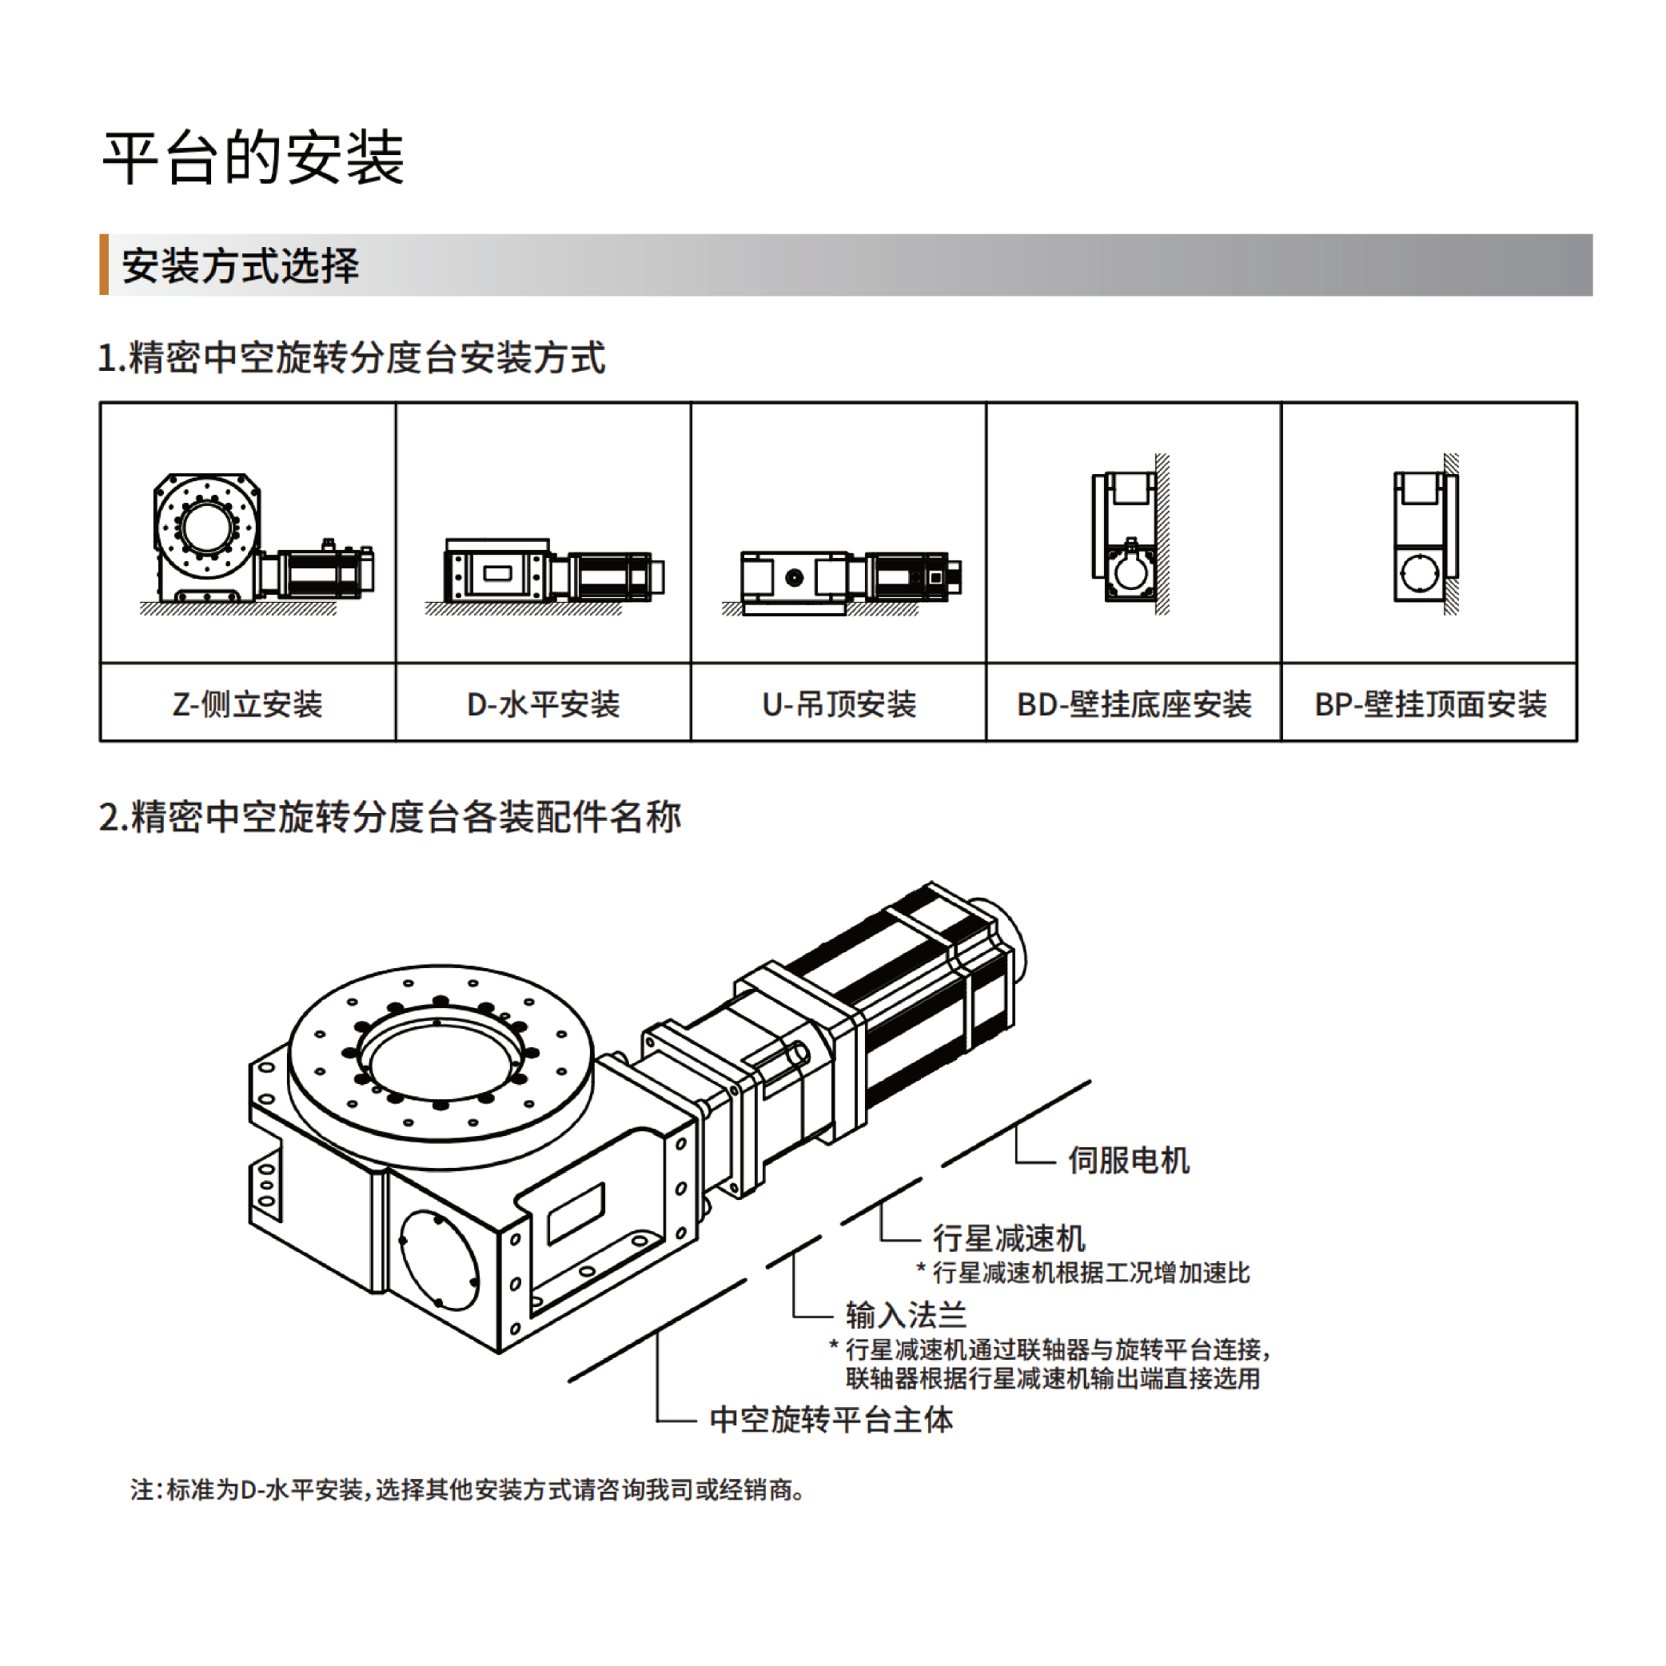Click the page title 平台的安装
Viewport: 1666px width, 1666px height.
pos(253,157)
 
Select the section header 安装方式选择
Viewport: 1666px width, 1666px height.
pos(240,265)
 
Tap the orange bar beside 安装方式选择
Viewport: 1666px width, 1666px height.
pos(105,265)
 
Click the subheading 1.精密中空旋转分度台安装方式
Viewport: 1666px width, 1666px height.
pos(352,358)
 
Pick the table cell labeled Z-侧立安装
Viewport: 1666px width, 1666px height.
pos(248,703)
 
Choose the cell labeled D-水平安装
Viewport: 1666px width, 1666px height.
pos(544,703)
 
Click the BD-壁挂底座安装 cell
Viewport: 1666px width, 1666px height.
pos(1134,703)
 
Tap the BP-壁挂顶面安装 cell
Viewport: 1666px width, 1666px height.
pos(1429,703)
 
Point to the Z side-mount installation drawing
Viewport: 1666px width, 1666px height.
pos(257,544)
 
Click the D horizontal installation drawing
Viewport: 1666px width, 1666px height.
pos(545,577)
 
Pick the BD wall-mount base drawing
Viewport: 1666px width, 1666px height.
pos(1131,535)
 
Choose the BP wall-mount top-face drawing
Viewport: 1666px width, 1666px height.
pos(1426,535)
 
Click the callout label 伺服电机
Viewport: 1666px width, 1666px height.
pos(1129,1160)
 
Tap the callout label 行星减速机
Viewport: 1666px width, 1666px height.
pos(1009,1238)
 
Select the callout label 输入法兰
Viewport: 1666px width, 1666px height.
pos(907,1315)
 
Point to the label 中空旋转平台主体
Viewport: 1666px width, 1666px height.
pos(831,1419)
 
